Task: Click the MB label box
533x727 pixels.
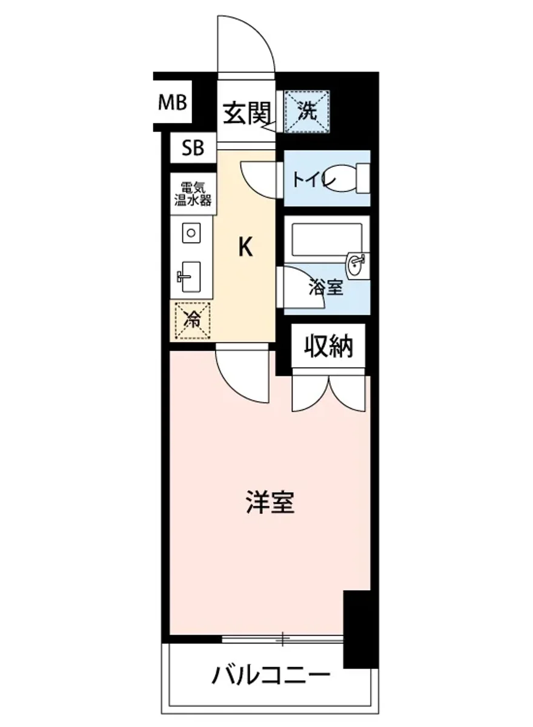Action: (173, 102)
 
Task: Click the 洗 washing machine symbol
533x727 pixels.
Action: (307, 111)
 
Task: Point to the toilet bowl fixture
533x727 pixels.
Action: (346, 178)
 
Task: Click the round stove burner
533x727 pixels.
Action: (191, 233)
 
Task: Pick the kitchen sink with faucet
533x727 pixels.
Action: (190, 277)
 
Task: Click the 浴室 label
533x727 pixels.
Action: (326, 288)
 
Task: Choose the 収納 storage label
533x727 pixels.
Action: (328, 347)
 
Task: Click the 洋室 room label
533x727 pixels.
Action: (270, 502)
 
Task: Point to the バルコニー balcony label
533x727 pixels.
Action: (271, 674)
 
